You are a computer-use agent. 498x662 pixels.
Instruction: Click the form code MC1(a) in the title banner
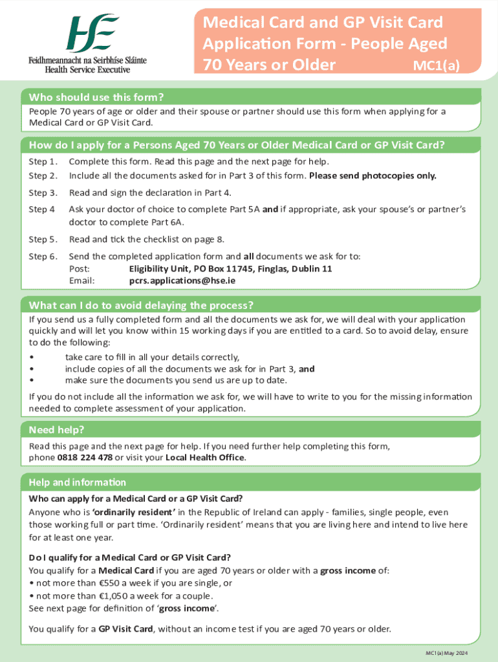pyautogui.click(x=436, y=65)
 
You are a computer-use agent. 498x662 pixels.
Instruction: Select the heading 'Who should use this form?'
pyautogui.click(x=96, y=98)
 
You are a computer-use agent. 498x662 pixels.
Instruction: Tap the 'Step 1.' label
pyautogui.click(x=43, y=162)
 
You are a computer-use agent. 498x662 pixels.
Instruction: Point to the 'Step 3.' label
pyautogui.click(x=43, y=193)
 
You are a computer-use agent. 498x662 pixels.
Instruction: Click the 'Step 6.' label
pyautogui.click(x=43, y=257)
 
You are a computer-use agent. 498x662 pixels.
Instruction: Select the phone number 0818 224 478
pyautogui.click(x=85, y=458)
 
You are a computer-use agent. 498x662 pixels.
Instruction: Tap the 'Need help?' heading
pyautogui.click(x=57, y=430)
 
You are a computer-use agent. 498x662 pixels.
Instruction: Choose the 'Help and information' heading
pyautogui.click(x=77, y=482)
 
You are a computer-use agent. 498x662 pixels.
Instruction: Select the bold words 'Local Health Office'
pyautogui.click(x=205, y=458)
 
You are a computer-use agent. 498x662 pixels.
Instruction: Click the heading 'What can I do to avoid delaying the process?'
pyautogui.click(x=141, y=305)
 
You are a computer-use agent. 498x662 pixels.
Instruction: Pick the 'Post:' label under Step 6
pyautogui.click(x=80, y=269)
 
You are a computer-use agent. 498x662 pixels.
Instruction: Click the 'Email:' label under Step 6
pyautogui.click(x=81, y=281)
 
